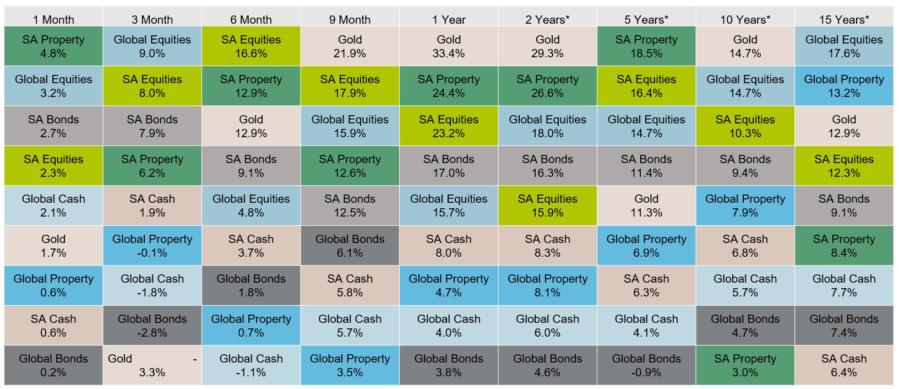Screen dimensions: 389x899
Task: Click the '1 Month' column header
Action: pos(53,20)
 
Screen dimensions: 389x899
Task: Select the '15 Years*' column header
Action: pos(844,20)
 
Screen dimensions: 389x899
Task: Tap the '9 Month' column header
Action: pos(350,20)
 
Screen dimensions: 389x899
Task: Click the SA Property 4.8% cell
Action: pos(53,46)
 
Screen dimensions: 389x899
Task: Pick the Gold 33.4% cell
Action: pos(449,46)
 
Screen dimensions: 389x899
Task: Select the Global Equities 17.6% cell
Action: pos(844,46)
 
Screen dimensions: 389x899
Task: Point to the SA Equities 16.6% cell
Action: pos(251,46)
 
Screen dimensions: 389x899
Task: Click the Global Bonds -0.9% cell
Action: pos(646,365)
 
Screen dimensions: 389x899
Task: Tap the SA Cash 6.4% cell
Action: pos(844,365)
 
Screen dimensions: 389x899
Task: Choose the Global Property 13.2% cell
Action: pos(844,86)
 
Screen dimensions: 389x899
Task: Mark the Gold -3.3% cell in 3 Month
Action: pos(152,365)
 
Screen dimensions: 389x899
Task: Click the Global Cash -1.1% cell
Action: pos(251,365)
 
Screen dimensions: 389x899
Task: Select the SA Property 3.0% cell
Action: pos(745,365)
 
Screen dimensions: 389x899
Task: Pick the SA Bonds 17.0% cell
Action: pos(449,166)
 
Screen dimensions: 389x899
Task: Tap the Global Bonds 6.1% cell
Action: pos(350,246)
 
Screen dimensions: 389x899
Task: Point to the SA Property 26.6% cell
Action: pos(547,86)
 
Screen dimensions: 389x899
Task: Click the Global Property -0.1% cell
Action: pos(152,246)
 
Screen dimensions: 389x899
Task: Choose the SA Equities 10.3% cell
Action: pos(745,126)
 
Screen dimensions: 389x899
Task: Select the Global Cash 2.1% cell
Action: pos(53,206)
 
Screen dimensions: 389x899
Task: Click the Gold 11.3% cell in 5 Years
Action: pos(646,206)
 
